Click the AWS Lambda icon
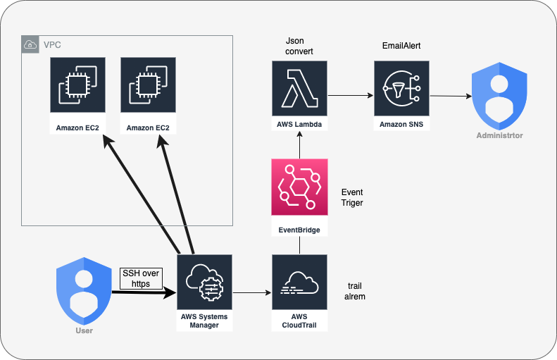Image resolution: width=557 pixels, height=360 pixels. (x=299, y=87)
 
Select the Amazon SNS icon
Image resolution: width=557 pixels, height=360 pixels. (x=401, y=87)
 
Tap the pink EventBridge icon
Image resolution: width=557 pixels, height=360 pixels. (x=299, y=187)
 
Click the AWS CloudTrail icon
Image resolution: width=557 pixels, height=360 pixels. (x=299, y=283)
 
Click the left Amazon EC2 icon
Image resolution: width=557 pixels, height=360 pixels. (x=77, y=85)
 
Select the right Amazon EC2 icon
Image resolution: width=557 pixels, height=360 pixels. (x=148, y=85)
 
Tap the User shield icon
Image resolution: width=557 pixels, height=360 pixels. (x=84, y=290)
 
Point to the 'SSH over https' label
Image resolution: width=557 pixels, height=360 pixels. (x=141, y=279)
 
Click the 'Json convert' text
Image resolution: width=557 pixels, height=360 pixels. (x=294, y=47)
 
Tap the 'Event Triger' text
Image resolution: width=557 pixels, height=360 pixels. (x=352, y=197)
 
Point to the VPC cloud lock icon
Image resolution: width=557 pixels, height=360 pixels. (x=31, y=44)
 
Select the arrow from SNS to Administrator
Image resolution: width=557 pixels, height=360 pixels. (x=451, y=96)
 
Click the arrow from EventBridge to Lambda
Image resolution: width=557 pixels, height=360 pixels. (x=299, y=147)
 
